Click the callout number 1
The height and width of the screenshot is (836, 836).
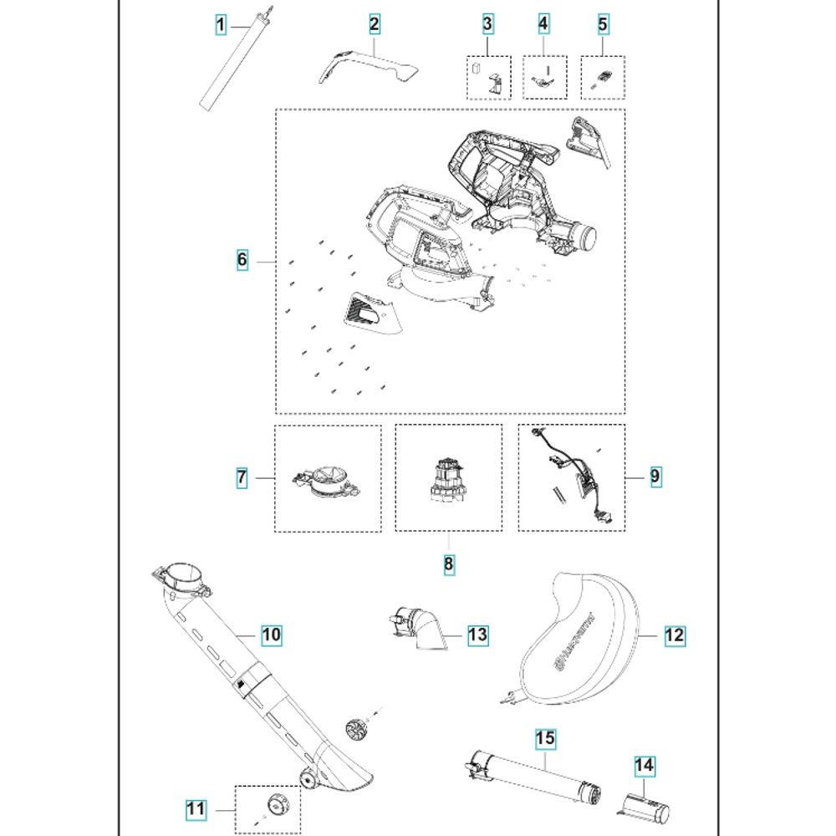[220, 26]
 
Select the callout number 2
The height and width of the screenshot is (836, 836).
[374, 24]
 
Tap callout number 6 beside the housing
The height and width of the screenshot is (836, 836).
[242, 260]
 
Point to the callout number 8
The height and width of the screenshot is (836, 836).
[449, 564]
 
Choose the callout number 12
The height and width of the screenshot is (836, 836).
[674, 635]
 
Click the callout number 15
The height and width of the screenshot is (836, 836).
[545, 739]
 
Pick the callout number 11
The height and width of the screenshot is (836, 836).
[195, 809]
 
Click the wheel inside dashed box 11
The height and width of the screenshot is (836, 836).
[275, 807]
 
